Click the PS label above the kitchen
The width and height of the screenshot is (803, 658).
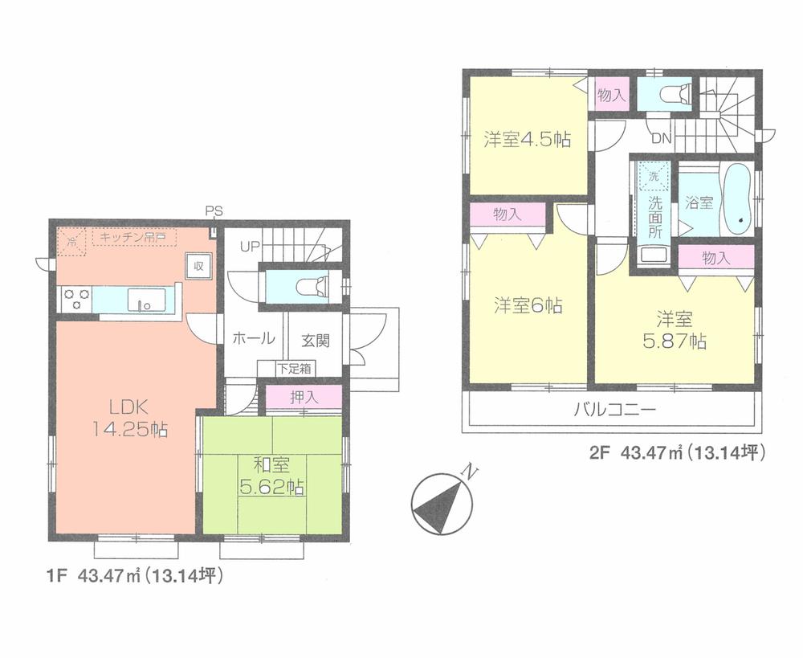(x=214, y=211)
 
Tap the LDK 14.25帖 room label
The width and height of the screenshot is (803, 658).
(x=128, y=418)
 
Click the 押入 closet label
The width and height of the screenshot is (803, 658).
(x=303, y=396)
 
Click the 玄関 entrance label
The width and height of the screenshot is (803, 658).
(x=316, y=340)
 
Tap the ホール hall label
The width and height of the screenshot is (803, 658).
(x=254, y=339)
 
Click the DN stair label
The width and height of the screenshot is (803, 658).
(x=661, y=139)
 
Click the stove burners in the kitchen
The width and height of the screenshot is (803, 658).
(x=75, y=299)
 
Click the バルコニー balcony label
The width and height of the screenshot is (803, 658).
(x=614, y=410)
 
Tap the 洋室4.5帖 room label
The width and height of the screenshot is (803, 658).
(x=527, y=139)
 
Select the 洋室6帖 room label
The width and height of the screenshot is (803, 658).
(x=528, y=305)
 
